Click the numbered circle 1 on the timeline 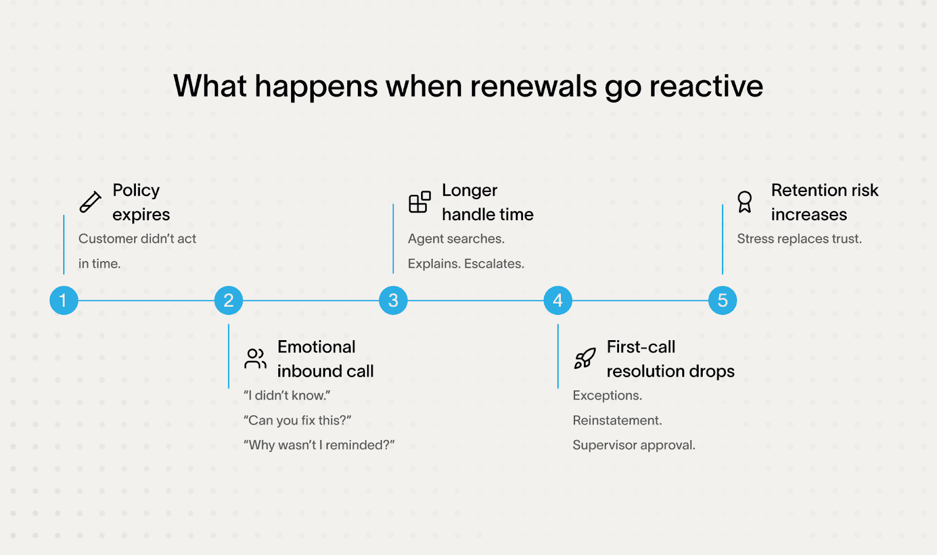click(64, 300)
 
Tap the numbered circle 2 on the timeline click(228, 300)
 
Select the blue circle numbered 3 click(393, 300)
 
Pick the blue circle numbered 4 click(558, 300)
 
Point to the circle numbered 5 click(722, 300)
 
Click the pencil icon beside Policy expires click(90, 202)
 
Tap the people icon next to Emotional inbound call click(255, 358)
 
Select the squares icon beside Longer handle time click(419, 202)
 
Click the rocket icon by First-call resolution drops click(584, 358)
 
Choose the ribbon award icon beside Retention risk click(744, 202)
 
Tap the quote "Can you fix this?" click(297, 420)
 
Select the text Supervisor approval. click(634, 445)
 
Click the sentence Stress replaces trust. click(799, 239)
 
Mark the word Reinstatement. click(617, 420)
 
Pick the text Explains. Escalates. click(466, 263)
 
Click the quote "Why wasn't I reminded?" click(319, 445)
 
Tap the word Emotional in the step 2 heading click(316, 347)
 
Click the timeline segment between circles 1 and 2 click(146, 301)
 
